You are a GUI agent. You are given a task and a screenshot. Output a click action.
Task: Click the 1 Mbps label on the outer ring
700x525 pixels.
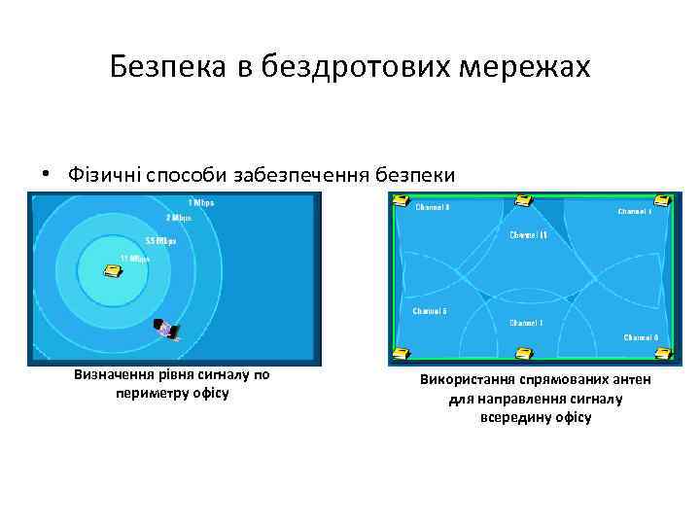tap(200, 203)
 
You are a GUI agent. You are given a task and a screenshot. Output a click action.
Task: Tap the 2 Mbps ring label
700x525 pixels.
tap(178, 219)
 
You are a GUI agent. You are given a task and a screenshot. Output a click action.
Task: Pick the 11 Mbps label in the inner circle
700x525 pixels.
tap(134, 258)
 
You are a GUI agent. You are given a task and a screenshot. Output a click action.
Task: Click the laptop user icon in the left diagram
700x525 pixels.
tap(167, 331)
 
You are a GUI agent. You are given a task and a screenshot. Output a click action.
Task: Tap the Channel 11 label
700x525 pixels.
tap(529, 235)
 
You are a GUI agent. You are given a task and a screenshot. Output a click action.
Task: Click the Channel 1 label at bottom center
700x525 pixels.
tap(527, 322)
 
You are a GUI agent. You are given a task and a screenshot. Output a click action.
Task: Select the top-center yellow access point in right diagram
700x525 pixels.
tap(525, 201)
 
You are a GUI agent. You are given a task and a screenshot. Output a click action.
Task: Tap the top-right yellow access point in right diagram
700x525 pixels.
tap(662, 201)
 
